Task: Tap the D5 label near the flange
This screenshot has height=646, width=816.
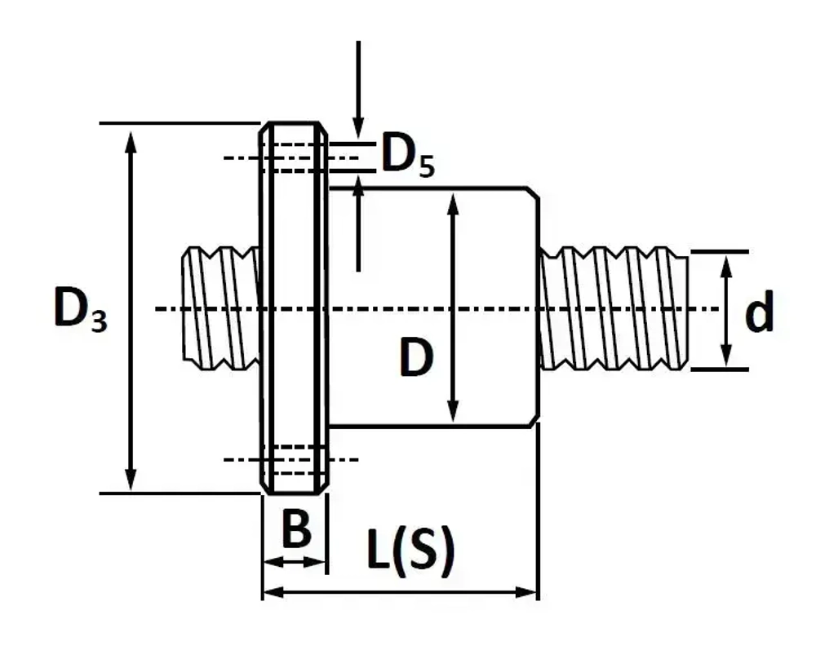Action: (x=407, y=154)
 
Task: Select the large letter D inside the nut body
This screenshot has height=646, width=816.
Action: (x=416, y=356)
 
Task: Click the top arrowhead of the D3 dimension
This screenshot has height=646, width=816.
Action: (x=131, y=141)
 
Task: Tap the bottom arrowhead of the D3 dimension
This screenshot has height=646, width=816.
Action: (x=131, y=480)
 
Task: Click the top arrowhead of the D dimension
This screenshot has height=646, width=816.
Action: (x=453, y=203)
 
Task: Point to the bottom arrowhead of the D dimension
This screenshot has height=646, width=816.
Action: (x=453, y=411)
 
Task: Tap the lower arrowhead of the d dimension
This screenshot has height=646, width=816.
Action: (x=726, y=356)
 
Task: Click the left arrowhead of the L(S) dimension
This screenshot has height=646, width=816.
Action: (x=274, y=592)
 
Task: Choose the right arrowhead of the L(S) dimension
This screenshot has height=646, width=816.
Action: (x=526, y=592)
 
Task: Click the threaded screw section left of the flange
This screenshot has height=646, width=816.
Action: (x=221, y=308)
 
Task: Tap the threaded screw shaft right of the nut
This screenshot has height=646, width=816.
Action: (x=614, y=308)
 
